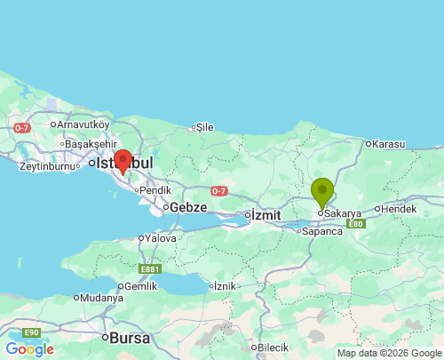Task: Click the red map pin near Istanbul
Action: tap(123, 160)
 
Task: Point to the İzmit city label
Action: tap(266, 215)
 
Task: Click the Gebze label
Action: tap(187, 207)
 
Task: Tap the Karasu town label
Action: tap(388, 143)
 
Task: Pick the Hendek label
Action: tap(400, 209)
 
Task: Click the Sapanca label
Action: tap(322, 231)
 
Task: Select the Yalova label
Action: tap(161, 238)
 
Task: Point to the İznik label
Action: tap(226, 286)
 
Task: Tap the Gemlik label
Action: tap(141, 286)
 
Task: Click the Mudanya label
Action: tap(101, 299)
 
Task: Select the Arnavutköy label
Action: tap(83, 124)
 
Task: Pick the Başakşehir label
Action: tap(90, 144)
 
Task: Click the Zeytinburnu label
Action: tap(50, 166)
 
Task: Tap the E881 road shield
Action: tap(150, 268)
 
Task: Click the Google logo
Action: tap(29, 349)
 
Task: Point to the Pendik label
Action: tap(155, 189)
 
